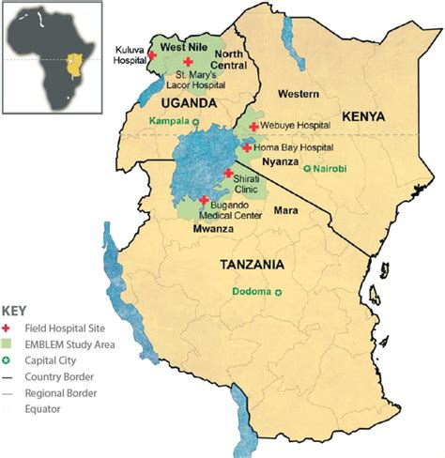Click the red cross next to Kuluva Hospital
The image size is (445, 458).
click(x=153, y=56)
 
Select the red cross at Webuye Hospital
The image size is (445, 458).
click(x=253, y=126)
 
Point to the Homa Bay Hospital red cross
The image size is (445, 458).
click(x=246, y=147)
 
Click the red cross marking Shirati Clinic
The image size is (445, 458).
click(x=228, y=173)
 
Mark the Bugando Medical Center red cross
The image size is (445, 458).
click(x=203, y=200)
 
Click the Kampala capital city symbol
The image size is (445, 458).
click(x=196, y=122)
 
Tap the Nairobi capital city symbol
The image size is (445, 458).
click(x=308, y=169)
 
